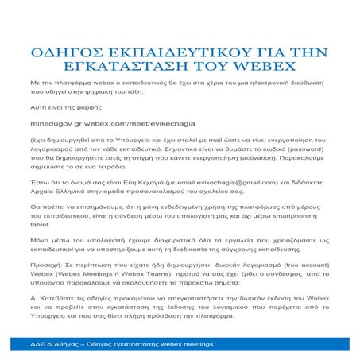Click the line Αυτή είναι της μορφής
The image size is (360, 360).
pyautogui.click(x=65, y=105)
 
